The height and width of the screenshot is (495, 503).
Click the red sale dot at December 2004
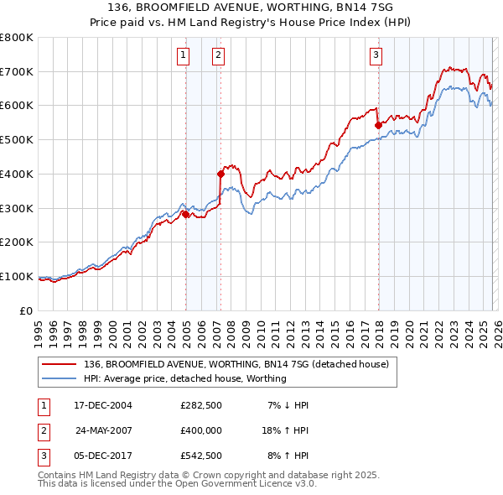pos(185,214)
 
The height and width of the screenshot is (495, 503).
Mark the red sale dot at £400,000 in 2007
pos(220,175)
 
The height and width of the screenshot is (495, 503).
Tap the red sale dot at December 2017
pos(378,125)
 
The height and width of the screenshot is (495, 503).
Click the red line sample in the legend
pos(60,365)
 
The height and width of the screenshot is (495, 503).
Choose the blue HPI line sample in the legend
pos(60,378)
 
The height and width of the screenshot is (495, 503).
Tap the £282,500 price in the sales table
pos(201,405)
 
